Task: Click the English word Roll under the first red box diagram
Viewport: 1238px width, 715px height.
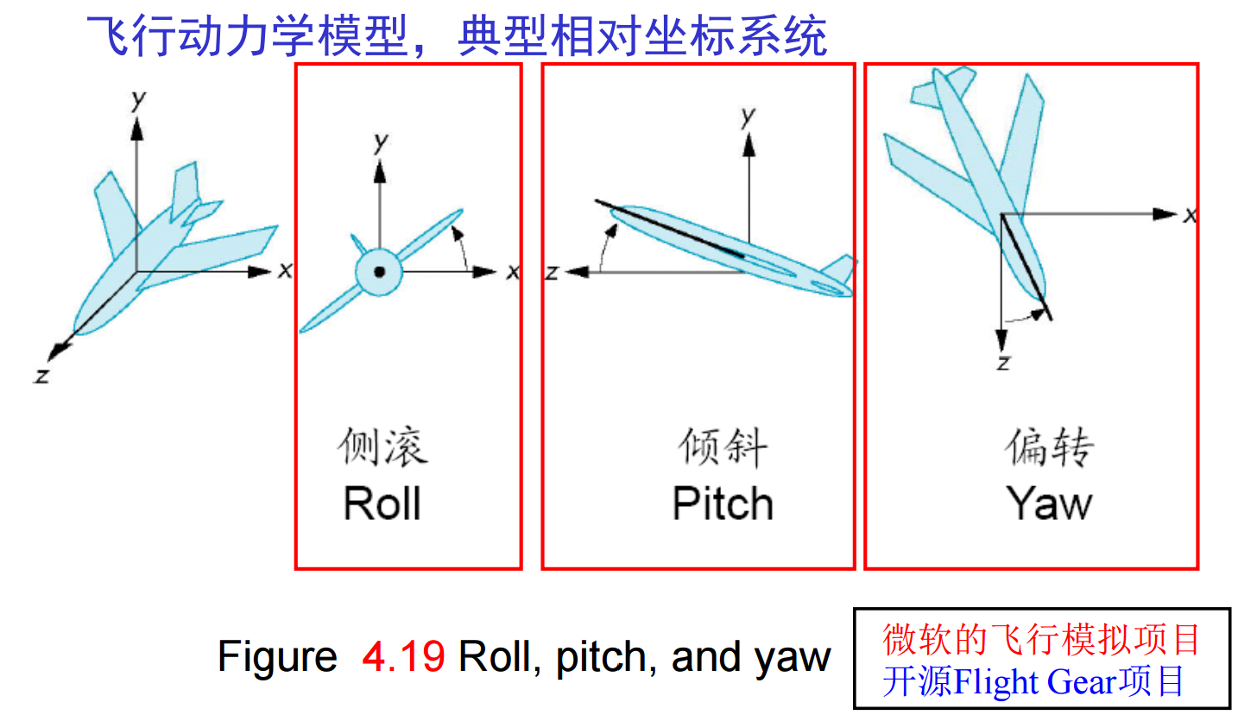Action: tap(382, 503)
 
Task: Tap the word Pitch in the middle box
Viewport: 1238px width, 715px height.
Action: tap(723, 503)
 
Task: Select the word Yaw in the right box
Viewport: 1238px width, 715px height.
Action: tap(1048, 503)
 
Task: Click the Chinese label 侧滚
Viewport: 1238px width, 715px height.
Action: tap(382, 447)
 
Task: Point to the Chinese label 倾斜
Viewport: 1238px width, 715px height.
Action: tap(723, 447)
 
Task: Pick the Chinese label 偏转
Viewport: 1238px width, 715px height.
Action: tap(1048, 447)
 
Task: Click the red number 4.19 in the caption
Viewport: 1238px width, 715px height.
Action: tap(404, 658)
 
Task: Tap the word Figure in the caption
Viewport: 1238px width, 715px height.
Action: tap(276, 658)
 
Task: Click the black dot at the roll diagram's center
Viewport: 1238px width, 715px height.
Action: tap(378, 272)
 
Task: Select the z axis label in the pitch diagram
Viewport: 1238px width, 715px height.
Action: tap(552, 273)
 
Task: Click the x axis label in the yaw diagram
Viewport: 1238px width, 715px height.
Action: tap(1190, 215)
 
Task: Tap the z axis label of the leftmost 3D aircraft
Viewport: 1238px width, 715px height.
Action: tap(40, 376)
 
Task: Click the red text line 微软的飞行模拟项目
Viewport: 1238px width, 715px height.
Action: tap(1041, 640)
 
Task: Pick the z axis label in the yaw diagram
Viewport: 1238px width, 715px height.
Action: tap(1002, 363)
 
